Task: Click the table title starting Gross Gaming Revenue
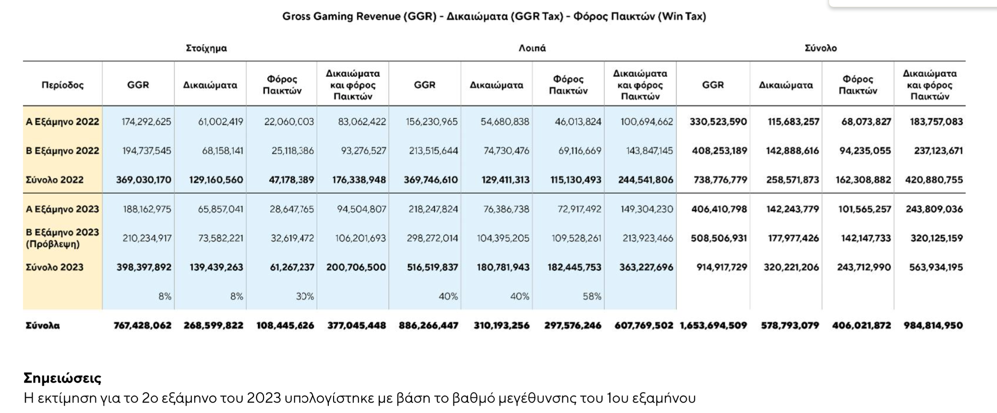(494, 16)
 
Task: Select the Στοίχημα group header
(206, 48)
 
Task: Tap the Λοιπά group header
(532, 48)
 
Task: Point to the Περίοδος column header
(63, 85)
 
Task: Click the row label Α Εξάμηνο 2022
(62, 122)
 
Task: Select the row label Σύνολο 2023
(54, 267)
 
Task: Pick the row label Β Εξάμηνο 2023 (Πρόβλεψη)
(62, 238)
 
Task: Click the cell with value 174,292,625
(146, 122)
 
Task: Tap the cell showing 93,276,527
(363, 150)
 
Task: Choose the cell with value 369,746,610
(431, 180)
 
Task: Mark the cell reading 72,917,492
(579, 209)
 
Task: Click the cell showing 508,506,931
(719, 238)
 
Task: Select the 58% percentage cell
(592, 296)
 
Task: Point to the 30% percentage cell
(305, 296)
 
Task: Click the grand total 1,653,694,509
(713, 325)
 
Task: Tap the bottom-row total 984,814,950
(933, 325)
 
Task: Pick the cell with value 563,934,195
(936, 267)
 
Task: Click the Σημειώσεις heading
(62, 378)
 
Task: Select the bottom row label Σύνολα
(43, 325)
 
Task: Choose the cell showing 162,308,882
(863, 180)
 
